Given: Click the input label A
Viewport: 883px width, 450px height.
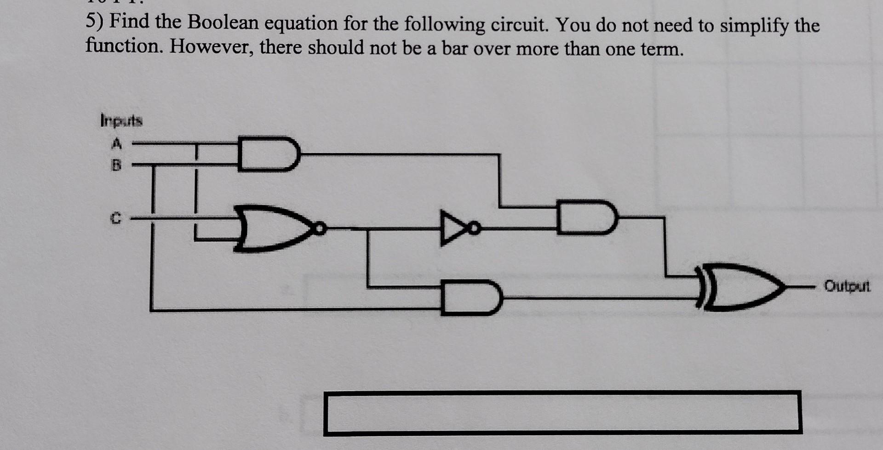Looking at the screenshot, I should coord(117,144).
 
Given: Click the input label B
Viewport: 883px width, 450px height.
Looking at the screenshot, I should coord(116,165).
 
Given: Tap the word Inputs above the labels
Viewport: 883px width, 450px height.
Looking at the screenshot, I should coord(121,121).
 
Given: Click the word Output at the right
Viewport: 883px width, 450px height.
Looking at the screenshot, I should coord(847,286).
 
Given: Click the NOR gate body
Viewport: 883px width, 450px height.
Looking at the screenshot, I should coord(271,228).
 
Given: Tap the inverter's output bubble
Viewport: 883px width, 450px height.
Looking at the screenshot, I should coord(476,227).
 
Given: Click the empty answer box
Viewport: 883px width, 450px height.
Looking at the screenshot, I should coord(562,412).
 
